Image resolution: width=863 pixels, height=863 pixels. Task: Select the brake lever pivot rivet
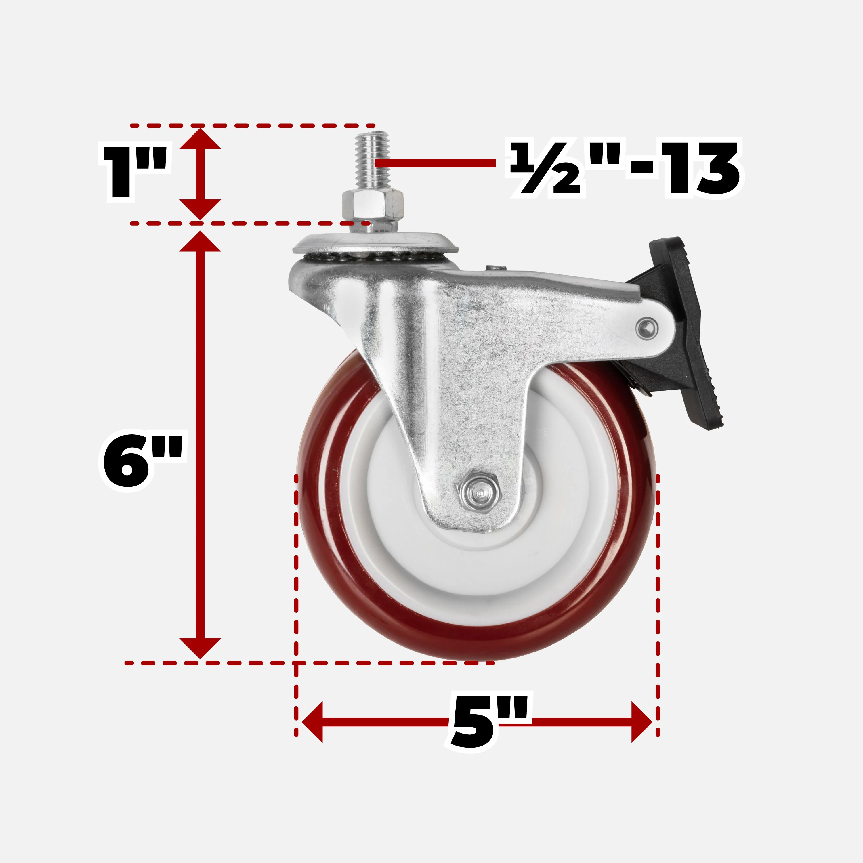(x=647, y=329)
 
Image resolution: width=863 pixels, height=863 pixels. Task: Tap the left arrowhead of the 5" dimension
(x=313, y=722)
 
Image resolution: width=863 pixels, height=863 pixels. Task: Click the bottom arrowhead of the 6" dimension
(x=200, y=648)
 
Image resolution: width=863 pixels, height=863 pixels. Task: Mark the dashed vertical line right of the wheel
(x=658, y=581)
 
